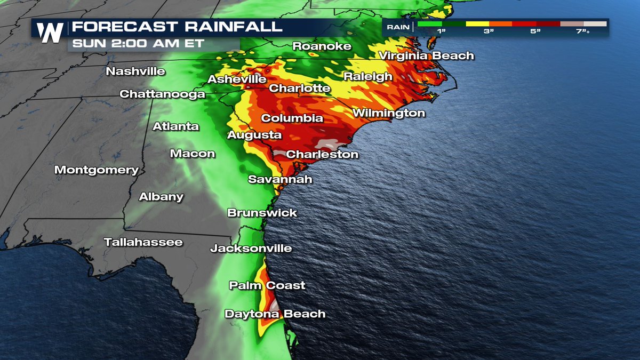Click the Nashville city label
point(135,71)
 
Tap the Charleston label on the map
point(322,154)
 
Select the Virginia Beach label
point(426,55)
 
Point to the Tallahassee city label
point(143,242)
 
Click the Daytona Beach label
point(275,314)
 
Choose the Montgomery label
point(97,170)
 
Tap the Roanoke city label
point(322,46)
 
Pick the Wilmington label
point(388,113)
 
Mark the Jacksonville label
point(251,248)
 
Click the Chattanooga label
point(162,94)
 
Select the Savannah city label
point(280,179)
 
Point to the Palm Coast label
point(267,285)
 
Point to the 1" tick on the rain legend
point(442,31)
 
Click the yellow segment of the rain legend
point(477,23)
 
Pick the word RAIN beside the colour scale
point(398,27)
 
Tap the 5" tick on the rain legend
point(535,31)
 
